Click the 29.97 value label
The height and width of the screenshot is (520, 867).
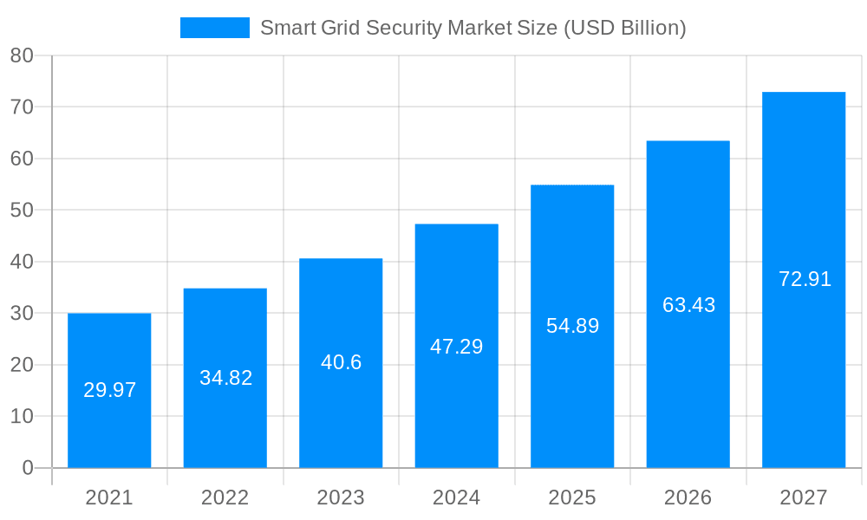(x=109, y=390)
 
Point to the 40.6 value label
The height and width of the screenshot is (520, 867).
(x=341, y=362)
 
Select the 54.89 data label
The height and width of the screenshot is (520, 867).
(x=572, y=326)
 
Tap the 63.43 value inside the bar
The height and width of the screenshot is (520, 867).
(x=688, y=305)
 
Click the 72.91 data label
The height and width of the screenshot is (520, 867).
(x=805, y=279)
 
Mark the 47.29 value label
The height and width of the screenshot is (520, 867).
(x=457, y=347)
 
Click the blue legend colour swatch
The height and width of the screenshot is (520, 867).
(x=214, y=28)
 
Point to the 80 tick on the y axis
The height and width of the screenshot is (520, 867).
(x=22, y=55)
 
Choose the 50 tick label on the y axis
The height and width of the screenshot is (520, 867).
(x=22, y=211)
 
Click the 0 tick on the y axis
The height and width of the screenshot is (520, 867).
(x=27, y=468)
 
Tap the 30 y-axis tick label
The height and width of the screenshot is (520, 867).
(x=22, y=313)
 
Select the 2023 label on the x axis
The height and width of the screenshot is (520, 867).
(x=341, y=497)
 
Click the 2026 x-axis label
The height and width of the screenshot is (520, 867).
(x=688, y=497)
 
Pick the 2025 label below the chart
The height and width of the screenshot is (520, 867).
(x=572, y=497)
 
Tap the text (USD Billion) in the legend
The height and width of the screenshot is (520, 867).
(x=625, y=28)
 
